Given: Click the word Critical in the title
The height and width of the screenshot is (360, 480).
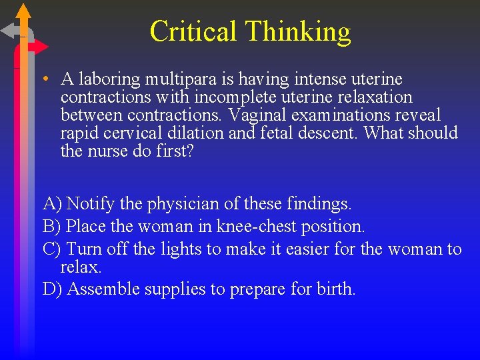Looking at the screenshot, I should coord(193,31).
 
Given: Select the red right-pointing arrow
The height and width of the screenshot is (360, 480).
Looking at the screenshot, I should coord(39,47).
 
